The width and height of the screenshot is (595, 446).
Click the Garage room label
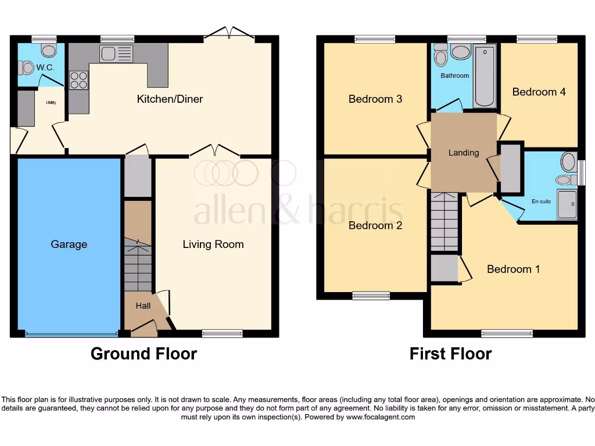pyautogui.click(x=69, y=244)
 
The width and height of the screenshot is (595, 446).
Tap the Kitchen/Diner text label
pyautogui.click(x=170, y=99)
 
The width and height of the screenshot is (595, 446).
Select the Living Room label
pyautogui.click(x=213, y=244)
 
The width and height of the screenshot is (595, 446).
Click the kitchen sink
pyautogui.click(x=116, y=54)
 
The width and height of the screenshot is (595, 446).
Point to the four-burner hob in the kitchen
pyautogui.click(x=78, y=80)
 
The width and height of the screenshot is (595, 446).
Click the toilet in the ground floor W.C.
pyautogui.click(x=26, y=69)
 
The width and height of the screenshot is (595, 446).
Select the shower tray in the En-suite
pyautogui.click(x=567, y=204)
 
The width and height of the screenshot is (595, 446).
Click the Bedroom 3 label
pyautogui.click(x=375, y=99)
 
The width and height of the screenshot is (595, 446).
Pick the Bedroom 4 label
pyautogui.click(x=539, y=92)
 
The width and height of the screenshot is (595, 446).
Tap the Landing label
pyautogui.click(x=464, y=153)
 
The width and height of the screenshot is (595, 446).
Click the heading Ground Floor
pyautogui.click(x=144, y=353)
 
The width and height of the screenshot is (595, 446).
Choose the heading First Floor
pyautogui.click(x=450, y=353)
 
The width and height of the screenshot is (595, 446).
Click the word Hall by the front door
pyautogui.click(x=143, y=305)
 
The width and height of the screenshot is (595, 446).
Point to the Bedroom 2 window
pyautogui.click(x=371, y=296)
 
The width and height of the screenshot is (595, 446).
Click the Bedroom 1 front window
pyautogui.click(x=507, y=333)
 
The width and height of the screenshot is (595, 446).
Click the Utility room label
pyautogui.click(x=51, y=103)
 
